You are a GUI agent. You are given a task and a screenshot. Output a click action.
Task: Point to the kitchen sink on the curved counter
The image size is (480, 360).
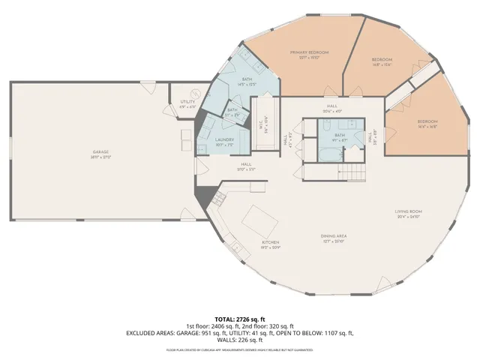click(237, 249)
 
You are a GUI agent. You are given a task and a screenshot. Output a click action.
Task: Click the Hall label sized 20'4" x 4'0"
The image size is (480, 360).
click(333, 108)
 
